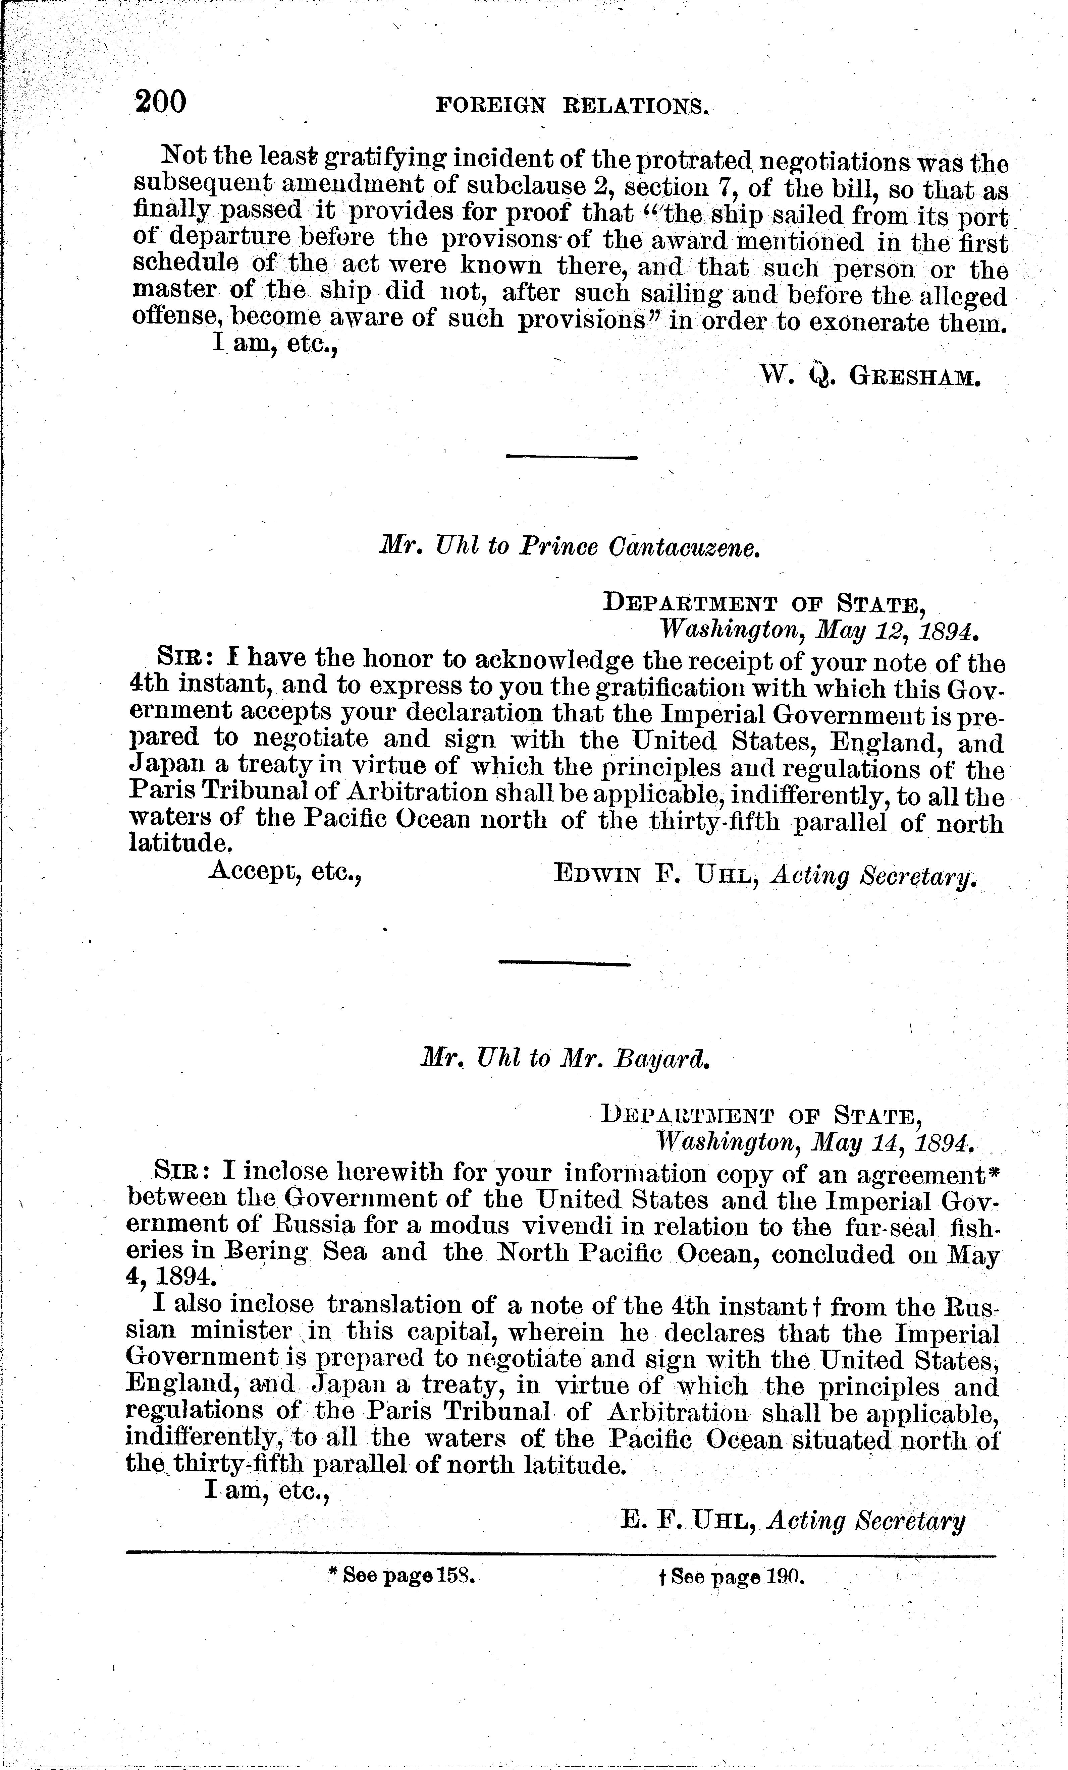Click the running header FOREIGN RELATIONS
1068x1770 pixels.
pyautogui.click(x=572, y=106)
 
